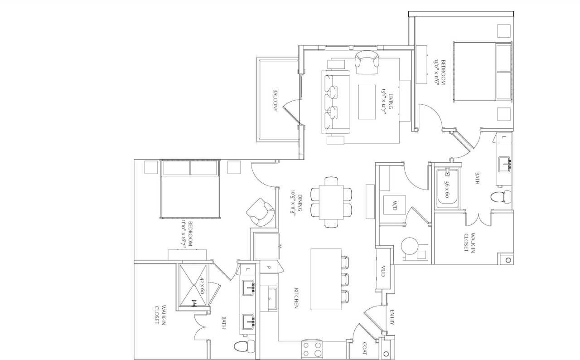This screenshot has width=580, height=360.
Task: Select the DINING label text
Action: pyautogui.click(x=296, y=204)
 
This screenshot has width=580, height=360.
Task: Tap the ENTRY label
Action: pyautogui.click(x=391, y=317)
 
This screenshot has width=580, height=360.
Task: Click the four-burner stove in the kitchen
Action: pyautogui.click(x=312, y=350)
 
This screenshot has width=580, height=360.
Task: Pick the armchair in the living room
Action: pyautogui.click(x=367, y=62)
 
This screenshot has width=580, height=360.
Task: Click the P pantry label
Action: pyautogui.click(x=268, y=268)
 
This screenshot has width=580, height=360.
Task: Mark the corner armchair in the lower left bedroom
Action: pyautogui.click(x=262, y=211)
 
